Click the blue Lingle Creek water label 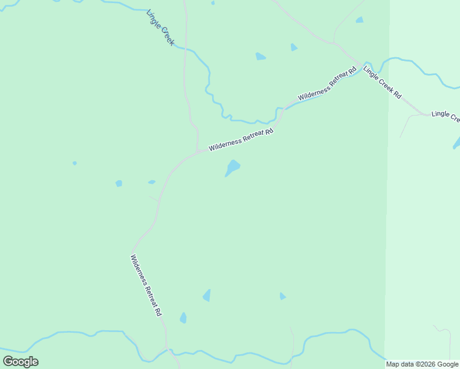(161, 28)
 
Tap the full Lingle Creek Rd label (382, 82)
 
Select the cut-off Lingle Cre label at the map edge (445, 115)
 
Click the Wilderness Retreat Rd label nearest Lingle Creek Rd (327, 85)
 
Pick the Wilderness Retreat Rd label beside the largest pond (240, 140)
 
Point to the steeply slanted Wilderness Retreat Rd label (146, 285)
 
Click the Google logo (20, 362)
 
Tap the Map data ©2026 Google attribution (422, 364)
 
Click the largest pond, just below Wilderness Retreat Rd (232, 167)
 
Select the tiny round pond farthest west (74, 163)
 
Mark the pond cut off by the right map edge (456, 143)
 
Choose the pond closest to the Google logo (183, 318)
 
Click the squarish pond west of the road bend (119, 183)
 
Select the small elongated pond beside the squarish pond (151, 182)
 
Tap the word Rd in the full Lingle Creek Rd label (397, 95)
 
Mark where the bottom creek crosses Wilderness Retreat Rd (167, 351)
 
